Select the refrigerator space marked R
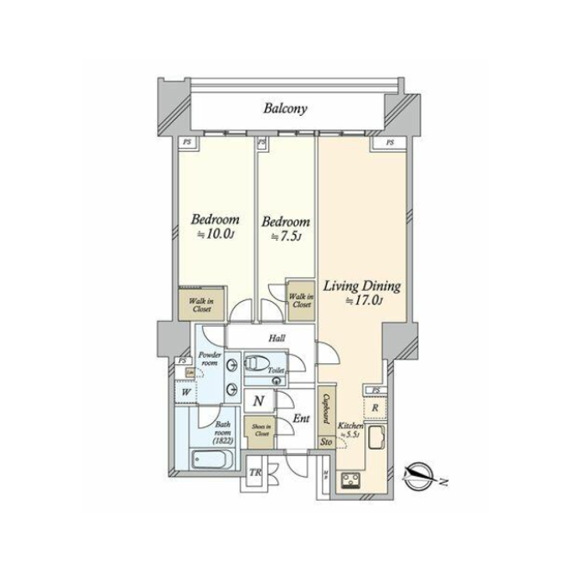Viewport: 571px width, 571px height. pos(375,407)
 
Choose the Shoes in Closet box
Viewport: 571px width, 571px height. pos(258,430)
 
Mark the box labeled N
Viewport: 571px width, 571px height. pos(258,401)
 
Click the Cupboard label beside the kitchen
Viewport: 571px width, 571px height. pos(327,410)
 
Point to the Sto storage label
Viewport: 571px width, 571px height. pos(326,443)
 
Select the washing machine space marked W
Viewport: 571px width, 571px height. pos(186,394)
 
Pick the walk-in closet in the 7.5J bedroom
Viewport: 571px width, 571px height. pos(300,296)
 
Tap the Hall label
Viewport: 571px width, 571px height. pos(275,338)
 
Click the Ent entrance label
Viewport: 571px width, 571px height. pos(300,419)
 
